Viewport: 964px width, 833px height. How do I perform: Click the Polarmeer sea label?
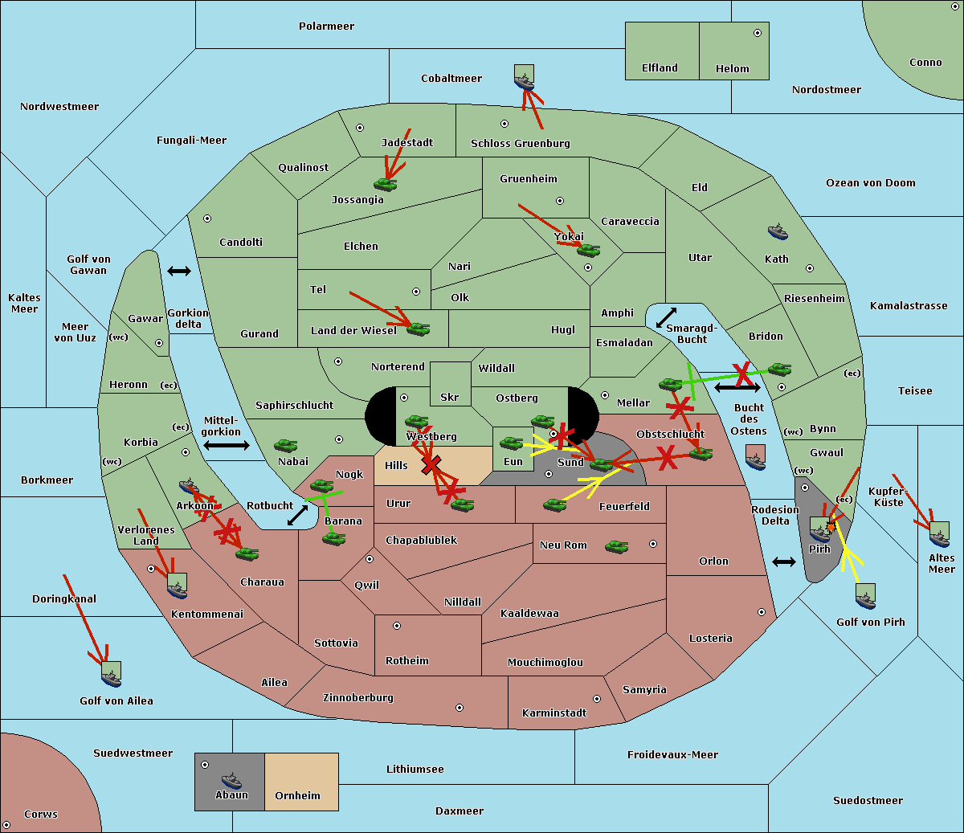coord(326,27)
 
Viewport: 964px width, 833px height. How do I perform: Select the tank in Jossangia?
coord(386,185)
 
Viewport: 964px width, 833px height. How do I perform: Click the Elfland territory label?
coord(660,68)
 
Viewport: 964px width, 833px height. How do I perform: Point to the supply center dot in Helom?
coord(757,33)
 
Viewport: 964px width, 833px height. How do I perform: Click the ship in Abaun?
coord(231,781)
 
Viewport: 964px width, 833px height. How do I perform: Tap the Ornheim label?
coord(297,796)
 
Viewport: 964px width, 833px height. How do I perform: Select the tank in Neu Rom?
coord(617,547)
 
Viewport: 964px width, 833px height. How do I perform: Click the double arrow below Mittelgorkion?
coord(225,445)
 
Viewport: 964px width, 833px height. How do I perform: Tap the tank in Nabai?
coord(285,445)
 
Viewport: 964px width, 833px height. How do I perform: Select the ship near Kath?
coord(777,232)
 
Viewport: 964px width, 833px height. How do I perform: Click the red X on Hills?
coord(431,464)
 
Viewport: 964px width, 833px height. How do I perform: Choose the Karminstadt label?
coord(554,713)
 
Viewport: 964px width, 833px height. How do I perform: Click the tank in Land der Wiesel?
coord(418,329)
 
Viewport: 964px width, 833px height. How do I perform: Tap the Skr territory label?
coord(449,397)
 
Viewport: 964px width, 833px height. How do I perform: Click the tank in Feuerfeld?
coord(555,505)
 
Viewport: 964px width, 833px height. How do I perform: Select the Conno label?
coord(925,63)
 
